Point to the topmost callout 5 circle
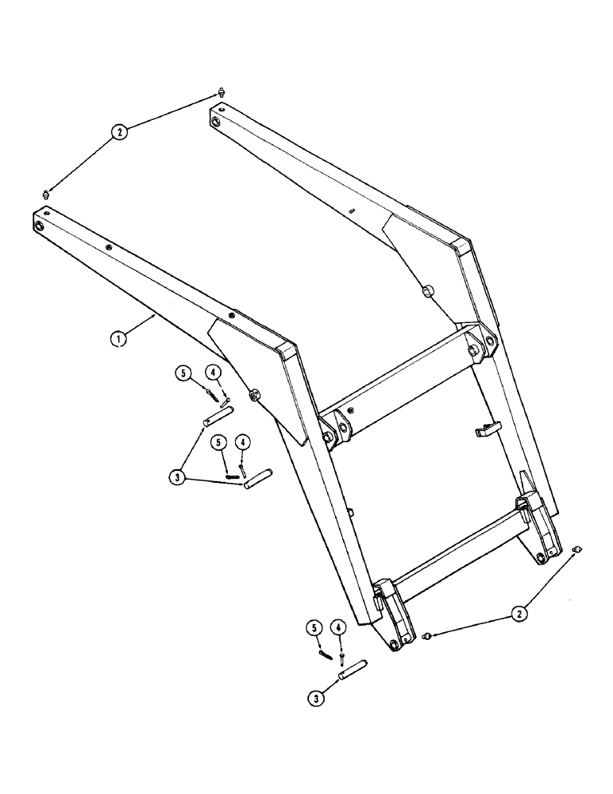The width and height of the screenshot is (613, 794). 183,372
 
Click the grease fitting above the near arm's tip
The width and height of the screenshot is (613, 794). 46,194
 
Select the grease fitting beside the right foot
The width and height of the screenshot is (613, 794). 578,549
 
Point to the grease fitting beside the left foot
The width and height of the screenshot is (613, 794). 428,636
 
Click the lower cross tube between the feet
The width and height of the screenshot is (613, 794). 456,548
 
